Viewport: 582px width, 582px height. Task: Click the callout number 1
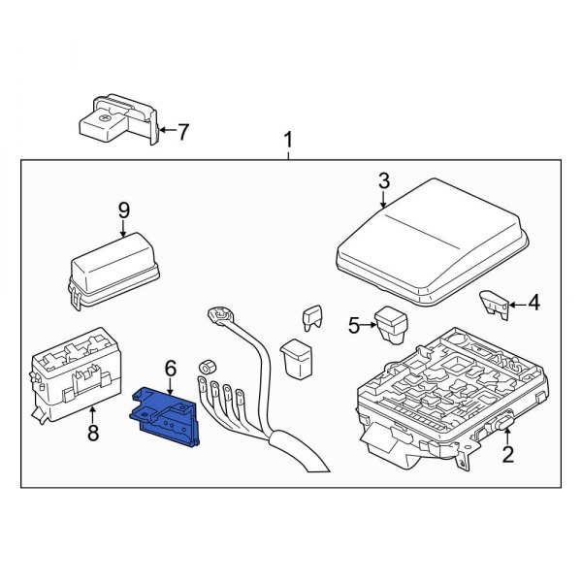point(288,144)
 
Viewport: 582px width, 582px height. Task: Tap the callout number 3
point(383,180)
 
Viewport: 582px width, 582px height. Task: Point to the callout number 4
point(532,305)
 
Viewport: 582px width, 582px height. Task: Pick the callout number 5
point(354,325)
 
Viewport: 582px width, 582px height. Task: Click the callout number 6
point(171,368)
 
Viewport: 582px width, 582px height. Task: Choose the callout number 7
point(184,129)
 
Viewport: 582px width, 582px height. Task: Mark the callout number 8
point(93,433)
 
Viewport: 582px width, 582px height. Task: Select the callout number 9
point(123,209)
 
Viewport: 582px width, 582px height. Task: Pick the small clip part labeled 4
point(495,304)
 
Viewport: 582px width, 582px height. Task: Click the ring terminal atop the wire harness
point(220,317)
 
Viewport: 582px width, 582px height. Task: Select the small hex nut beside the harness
point(206,368)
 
